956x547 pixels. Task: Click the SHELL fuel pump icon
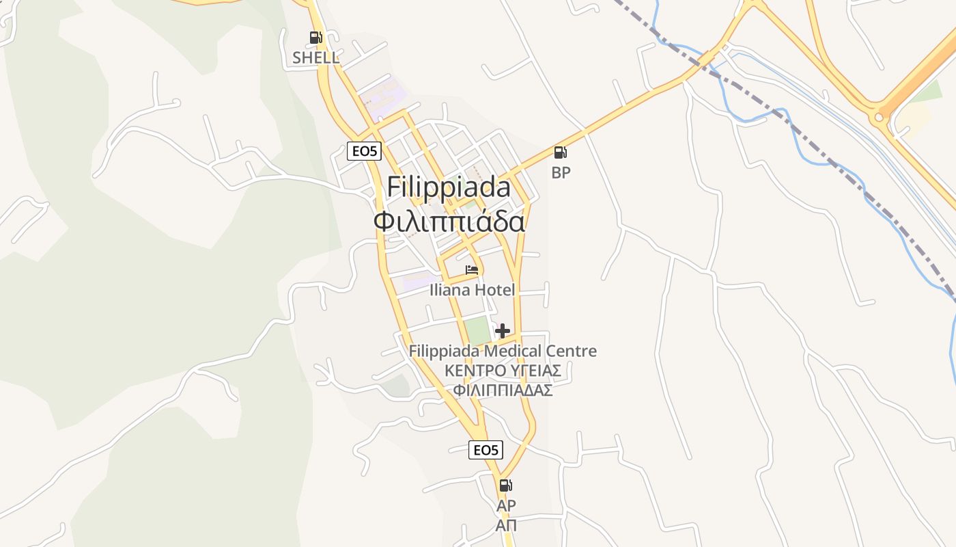[315, 38]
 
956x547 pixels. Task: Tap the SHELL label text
[315, 57]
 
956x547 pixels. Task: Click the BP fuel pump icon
[560, 152]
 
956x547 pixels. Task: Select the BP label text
[561, 173]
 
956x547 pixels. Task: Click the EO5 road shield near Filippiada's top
[364, 151]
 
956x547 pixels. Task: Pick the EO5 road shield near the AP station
[486, 449]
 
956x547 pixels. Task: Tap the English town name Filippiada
[449, 187]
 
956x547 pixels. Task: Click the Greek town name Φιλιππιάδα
[449, 222]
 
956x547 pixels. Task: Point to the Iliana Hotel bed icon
[472, 270]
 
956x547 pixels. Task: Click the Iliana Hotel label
[472, 290]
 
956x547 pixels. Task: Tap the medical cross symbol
[503, 331]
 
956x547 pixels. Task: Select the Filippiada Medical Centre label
[503, 351]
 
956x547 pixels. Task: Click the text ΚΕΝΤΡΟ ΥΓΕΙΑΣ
[503, 371]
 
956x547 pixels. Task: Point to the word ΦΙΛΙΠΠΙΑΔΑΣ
[503, 390]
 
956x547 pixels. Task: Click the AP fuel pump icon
[505, 485]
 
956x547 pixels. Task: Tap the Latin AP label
[506, 505]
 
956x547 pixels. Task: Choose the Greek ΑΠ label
[506, 525]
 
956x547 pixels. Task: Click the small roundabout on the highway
[879, 118]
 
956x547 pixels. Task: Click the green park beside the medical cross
[478, 330]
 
